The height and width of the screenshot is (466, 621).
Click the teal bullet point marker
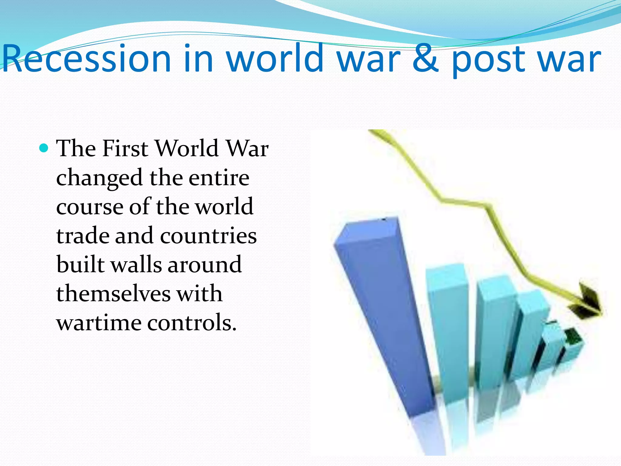pos(44,148)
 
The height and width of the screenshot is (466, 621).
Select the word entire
pos(219,178)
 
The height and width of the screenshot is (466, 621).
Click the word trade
pos(82,236)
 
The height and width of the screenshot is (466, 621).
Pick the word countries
pos(208,236)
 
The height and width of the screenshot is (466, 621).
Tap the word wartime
pos(99,323)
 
